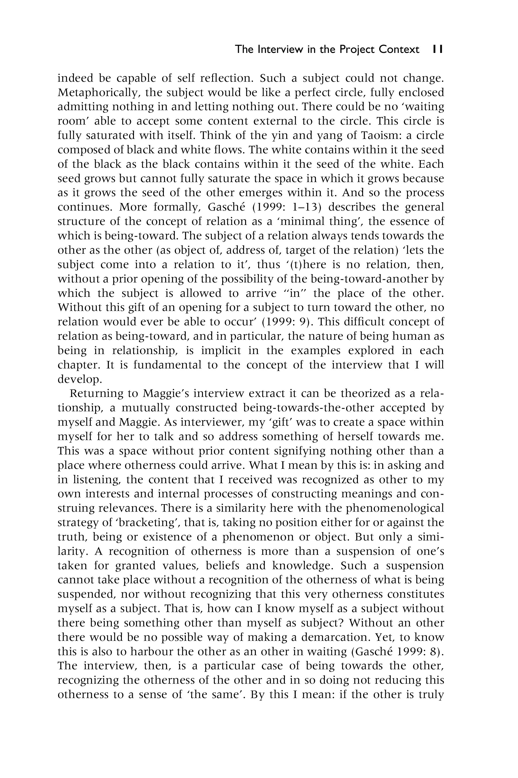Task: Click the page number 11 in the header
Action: (438, 49)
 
